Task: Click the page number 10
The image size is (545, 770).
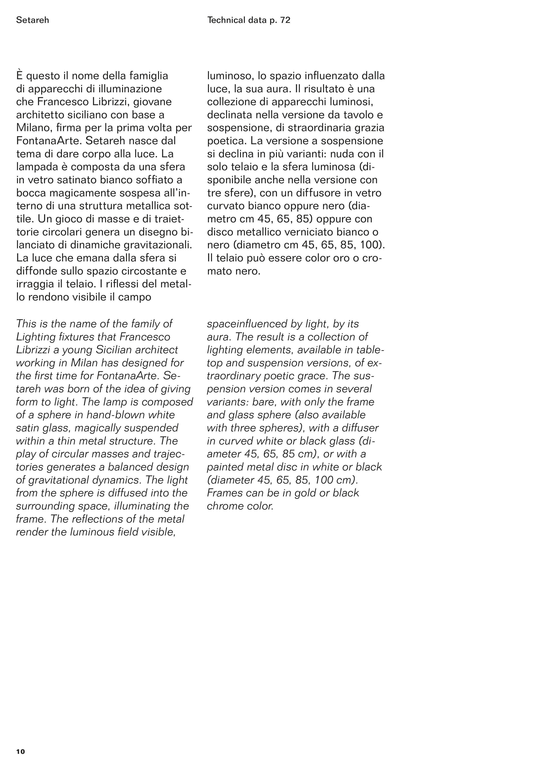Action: (x=20, y=751)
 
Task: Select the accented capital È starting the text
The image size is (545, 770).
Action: (x=19, y=76)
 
